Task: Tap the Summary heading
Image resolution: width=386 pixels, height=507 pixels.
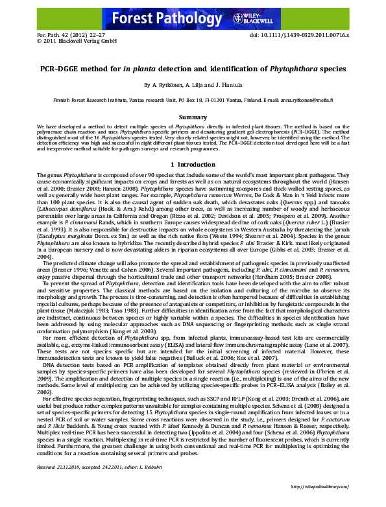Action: [193, 117]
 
